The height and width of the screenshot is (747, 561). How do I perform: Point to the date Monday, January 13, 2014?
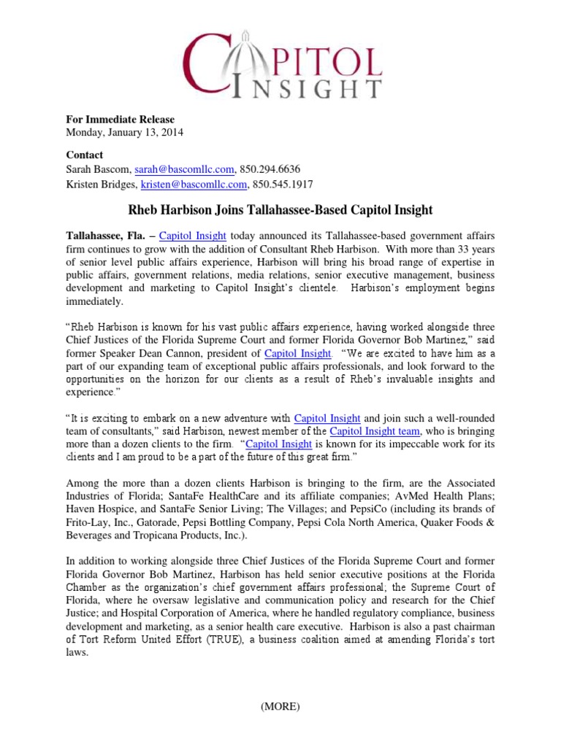(x=125, y=133)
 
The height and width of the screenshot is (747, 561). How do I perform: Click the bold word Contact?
(x=85, y=155)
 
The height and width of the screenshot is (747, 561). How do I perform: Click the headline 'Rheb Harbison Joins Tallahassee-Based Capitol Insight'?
(x=280, y=210)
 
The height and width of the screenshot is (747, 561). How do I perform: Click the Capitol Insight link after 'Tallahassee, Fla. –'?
(x=192, y=236)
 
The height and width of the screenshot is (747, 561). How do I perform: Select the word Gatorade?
(x=145, y=522)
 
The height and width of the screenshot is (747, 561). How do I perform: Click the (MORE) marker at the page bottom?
(x=280, y=706)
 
